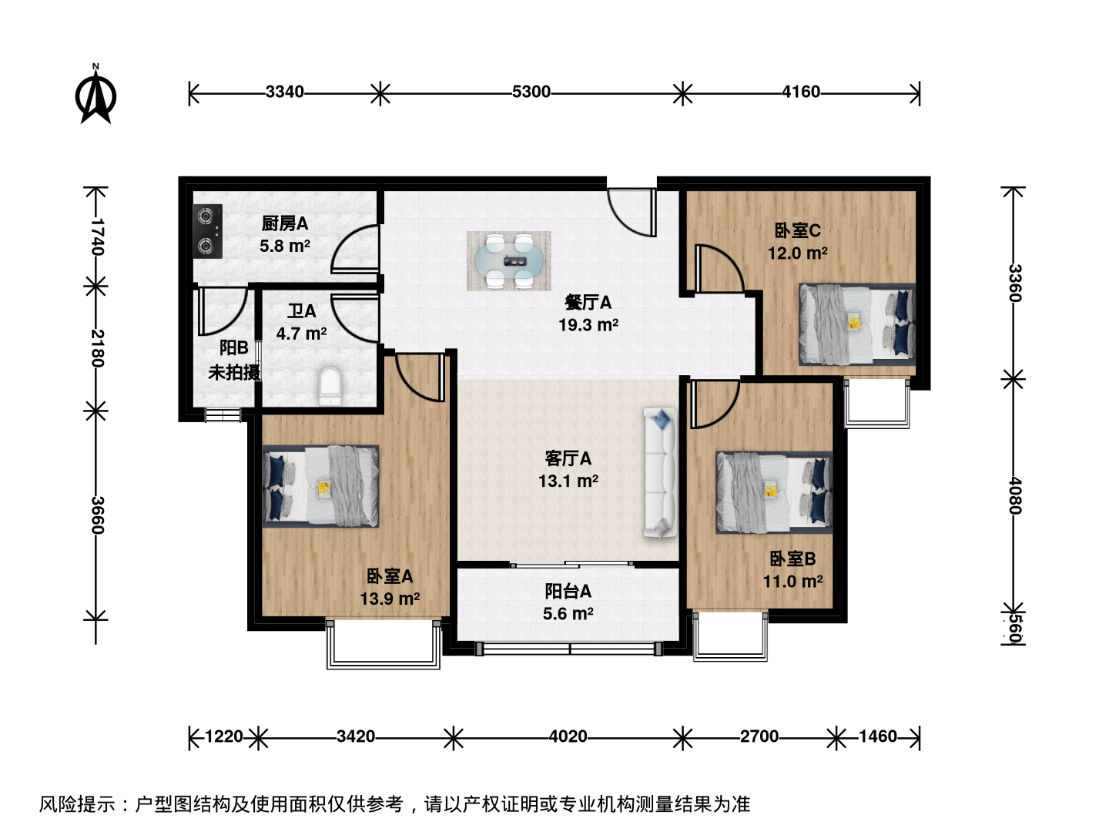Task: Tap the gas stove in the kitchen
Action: [x=207, y=231]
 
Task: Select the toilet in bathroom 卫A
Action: [x=331, y=387]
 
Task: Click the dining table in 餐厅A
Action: [x=509, y=260]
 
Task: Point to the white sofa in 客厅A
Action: [x=660, y=472]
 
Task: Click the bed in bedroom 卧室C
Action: [x=857, y=324]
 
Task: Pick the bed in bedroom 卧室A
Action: [x=321, y=486]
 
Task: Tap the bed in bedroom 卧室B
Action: [x=774, y=492]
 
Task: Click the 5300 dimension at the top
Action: [x=531, y=92]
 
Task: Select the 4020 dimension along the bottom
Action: [x=568, y=736]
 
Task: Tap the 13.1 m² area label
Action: [x=568, y=481]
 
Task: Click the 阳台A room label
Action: [x=568, y=591]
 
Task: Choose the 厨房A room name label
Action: [x=284, y=223]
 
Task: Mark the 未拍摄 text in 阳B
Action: [x=234, y=372]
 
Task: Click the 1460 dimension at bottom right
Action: [x=878, y=736]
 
